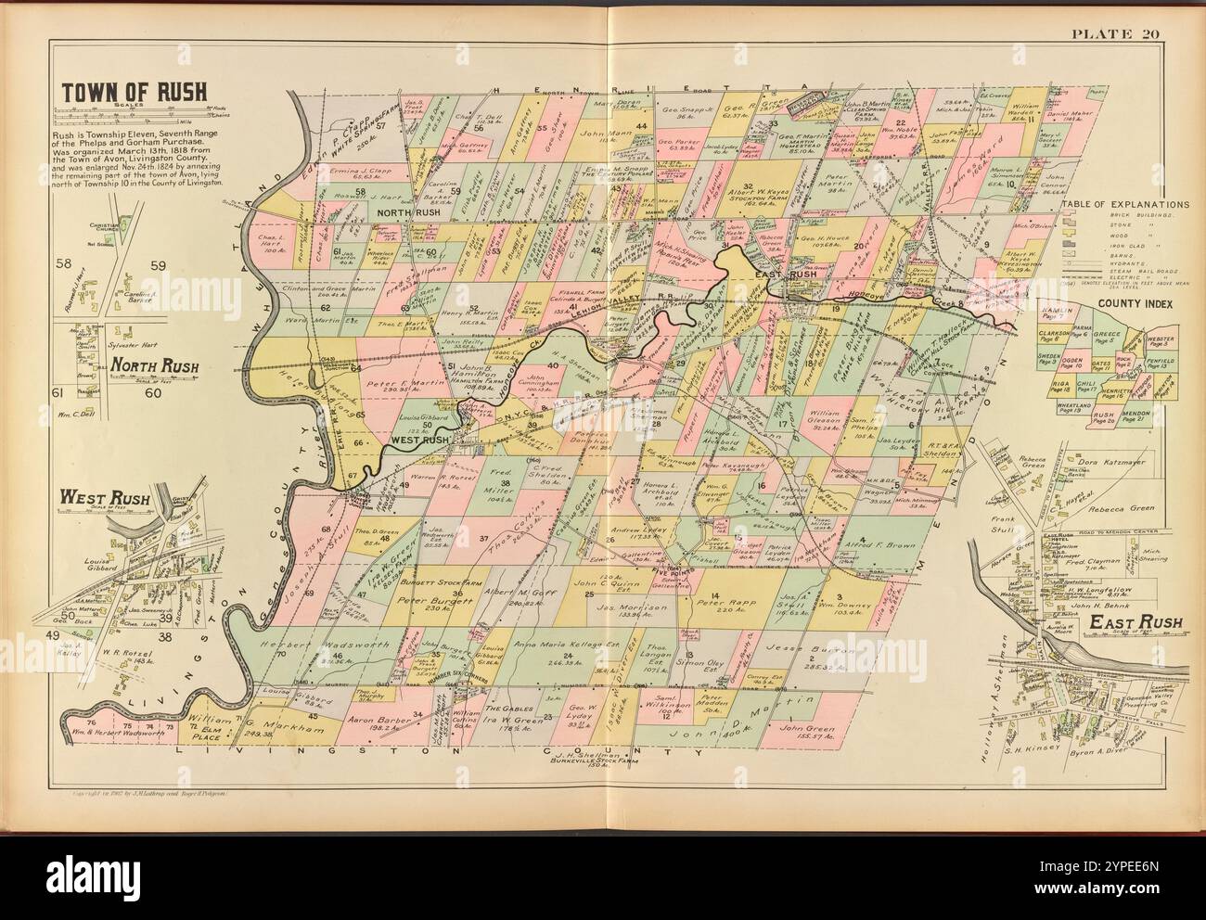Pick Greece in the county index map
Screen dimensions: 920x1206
[1106, 339]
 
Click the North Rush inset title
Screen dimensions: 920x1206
[146, 366]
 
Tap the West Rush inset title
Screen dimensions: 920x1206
[97, 497]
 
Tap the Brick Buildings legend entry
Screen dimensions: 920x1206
[1130, 214]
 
